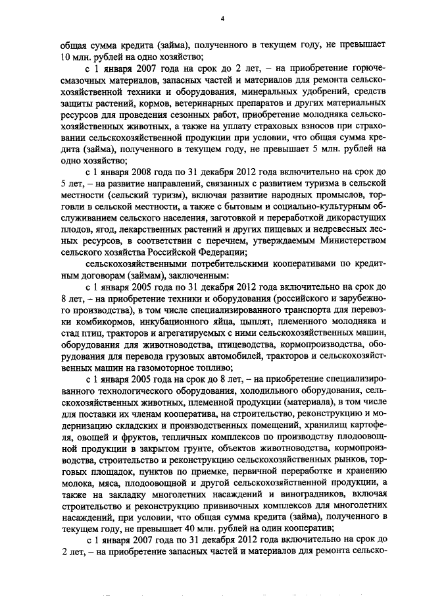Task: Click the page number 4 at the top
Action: tap(222, 18)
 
